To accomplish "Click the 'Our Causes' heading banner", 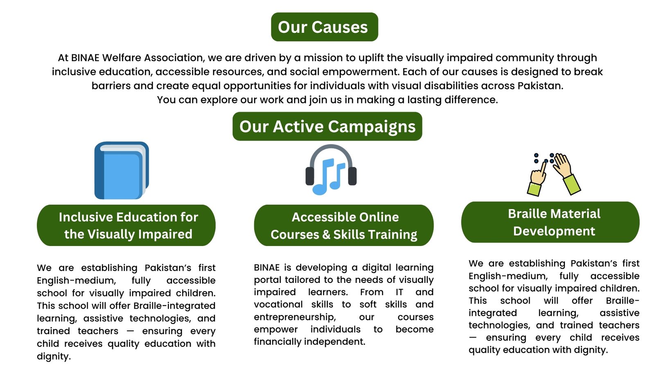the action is click(x=325, y=27).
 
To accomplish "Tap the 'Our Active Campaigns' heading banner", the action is click(x=327, y=126).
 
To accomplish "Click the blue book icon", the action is click(x=122, y=171).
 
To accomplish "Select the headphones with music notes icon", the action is click(x=331, y=170).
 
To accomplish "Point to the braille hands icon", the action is click(x=554, y=174).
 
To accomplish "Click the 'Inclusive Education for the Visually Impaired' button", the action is click(x=126, y=225).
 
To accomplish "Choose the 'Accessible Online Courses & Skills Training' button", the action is click(x=343, y=225).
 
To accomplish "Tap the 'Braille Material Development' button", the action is click(x=550, y=222).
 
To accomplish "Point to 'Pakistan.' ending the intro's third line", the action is click(x=540, y=86).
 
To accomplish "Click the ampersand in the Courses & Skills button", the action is click(x=326, y=235).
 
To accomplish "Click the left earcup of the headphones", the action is click(x=309, y=176).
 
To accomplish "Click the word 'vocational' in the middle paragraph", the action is click(x=278, y=305).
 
